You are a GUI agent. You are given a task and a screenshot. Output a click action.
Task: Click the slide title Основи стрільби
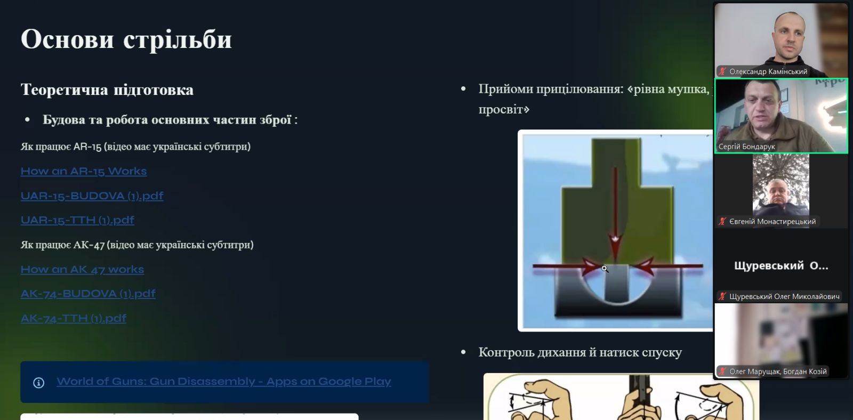point(126,39)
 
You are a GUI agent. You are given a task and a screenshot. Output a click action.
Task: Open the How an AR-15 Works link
point(83,171)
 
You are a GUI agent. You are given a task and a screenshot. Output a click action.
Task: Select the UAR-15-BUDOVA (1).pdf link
point(92,196)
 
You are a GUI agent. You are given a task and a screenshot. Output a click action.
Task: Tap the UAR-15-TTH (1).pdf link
point(77,220)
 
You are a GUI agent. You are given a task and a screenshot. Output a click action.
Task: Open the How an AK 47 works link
point(82,269)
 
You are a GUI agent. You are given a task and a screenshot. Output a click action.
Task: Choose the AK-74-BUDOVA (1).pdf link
point(88,294)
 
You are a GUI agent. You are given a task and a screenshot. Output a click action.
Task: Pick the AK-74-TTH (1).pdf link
point(74,318)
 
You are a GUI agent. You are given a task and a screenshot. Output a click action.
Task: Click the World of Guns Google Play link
point(223,382)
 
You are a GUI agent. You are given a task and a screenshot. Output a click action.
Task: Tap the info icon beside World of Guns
point(38,383)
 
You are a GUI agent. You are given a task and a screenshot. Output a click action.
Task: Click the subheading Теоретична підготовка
point(107,90)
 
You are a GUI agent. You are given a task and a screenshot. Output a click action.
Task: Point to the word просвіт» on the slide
point(504,110)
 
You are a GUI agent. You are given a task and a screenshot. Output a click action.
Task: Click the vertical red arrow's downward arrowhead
point(615,247)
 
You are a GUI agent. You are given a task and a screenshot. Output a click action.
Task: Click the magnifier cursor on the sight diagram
point(605,269)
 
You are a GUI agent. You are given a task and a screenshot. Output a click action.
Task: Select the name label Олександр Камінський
point(768,71)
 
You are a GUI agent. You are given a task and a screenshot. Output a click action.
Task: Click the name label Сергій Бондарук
point(746,147)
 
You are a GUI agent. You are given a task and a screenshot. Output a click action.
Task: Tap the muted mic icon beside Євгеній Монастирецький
point(722,221)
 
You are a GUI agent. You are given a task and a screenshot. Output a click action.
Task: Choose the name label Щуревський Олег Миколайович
point(784,296)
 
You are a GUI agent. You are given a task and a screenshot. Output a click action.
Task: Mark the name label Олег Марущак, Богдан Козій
point(778,371)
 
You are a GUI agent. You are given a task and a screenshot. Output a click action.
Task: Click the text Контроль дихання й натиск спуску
point(580,353)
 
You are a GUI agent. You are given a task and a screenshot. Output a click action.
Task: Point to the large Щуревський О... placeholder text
point(781,266)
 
